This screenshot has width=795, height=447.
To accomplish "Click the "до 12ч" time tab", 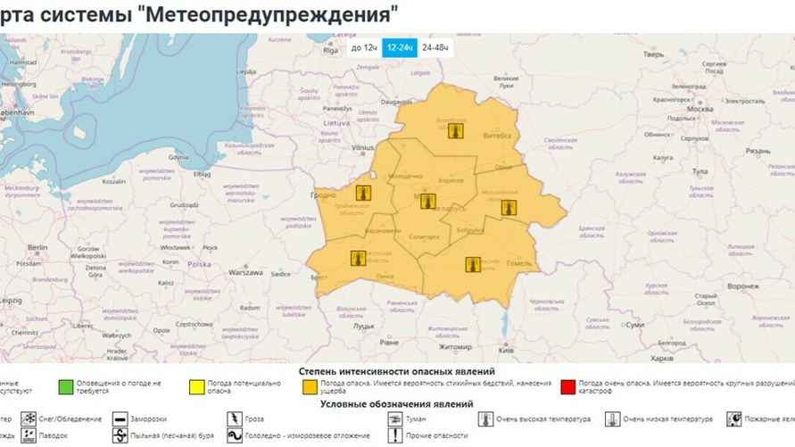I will point(363,47).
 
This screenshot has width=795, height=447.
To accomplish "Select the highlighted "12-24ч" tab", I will point(398,47).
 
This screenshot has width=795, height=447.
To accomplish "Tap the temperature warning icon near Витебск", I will point(455,131).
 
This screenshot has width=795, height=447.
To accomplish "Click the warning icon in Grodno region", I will point(363,193).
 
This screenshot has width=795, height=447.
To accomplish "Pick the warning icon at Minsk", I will point(427,201).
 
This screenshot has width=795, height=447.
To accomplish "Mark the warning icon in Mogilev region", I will point(509,207).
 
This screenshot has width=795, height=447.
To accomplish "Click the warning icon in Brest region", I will point(359,260).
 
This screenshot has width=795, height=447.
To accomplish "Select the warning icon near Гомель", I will point(473,263).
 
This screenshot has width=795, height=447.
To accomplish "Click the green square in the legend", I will point(65,387).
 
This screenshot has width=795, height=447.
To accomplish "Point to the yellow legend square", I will point(193,387).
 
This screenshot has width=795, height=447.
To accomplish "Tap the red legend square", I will point(567,387).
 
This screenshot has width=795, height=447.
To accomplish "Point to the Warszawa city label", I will point(245,272).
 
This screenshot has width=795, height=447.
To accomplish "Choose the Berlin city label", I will point(37,246).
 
